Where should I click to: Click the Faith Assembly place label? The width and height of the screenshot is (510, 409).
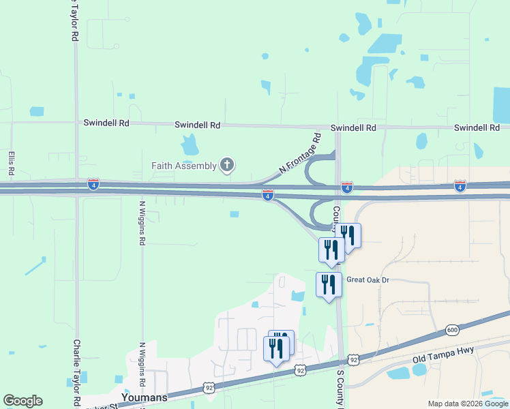pyautogui.click(x=184, y=165)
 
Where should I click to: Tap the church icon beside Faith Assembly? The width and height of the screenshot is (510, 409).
pyautogui.click(x=227, y=165)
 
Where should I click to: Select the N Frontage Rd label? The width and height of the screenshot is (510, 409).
pyautogui.click(x=301, y=155)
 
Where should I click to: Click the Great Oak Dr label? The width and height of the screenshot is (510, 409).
pyautogui.click(x=367, y=279)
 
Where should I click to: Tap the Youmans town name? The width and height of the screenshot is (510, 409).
pyautogui.click(x=145, y=396)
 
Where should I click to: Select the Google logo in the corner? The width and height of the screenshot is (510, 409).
pyautogui.click(x=22, y=401)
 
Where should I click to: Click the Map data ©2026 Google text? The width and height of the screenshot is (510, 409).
pyautogui.click(x=468, y=404)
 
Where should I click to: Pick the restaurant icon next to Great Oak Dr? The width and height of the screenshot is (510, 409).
pyautogui.click(x=329, y=284)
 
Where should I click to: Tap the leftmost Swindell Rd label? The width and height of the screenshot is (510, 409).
pyautogui.click(x=106, y=123)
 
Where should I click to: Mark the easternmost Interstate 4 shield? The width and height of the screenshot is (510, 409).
pyautogui.click(x=460, y=185)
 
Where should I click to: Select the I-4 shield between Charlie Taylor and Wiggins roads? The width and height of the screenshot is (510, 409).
pyautogui.click(x=93, y=184)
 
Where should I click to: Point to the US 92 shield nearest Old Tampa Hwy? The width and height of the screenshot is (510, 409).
pyautogui.click(x=352, y=359)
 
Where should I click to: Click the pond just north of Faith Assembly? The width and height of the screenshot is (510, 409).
pyautogui.click(x=190, y=145)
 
